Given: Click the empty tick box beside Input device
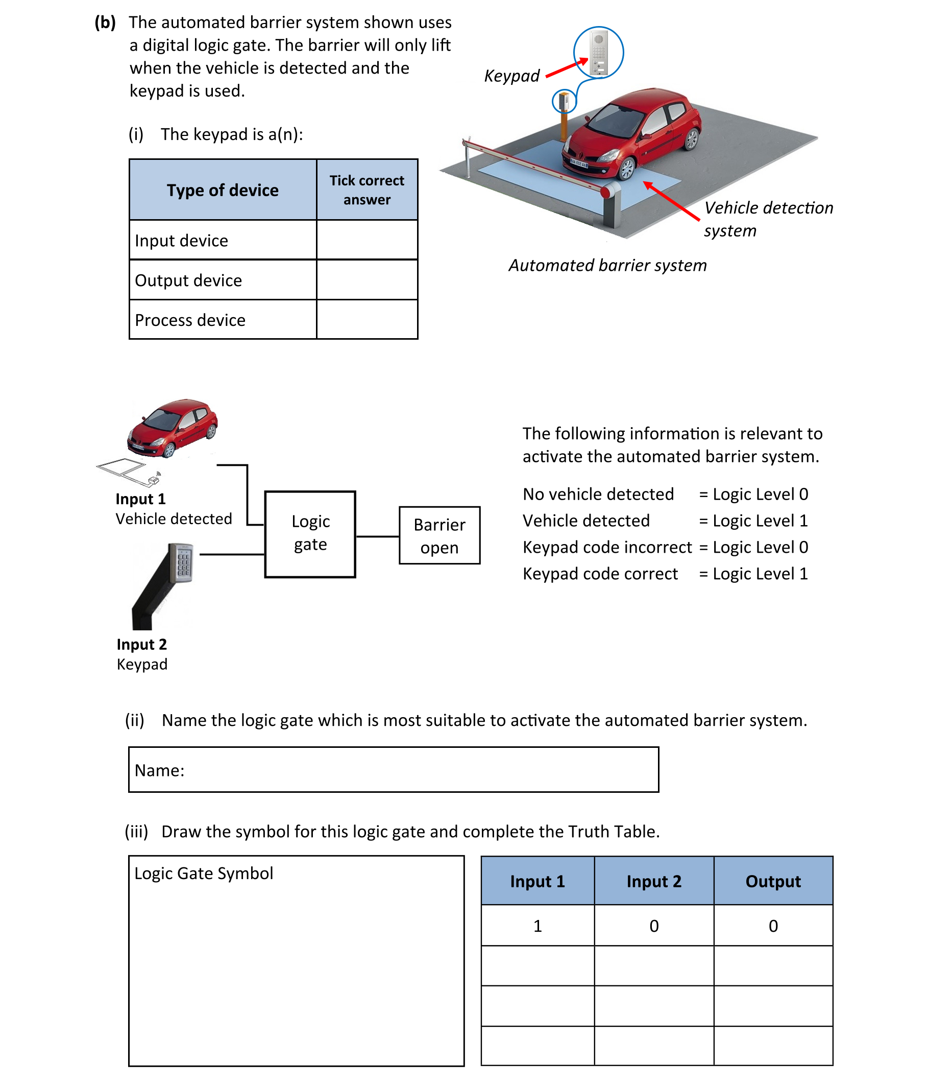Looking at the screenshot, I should (367, 240).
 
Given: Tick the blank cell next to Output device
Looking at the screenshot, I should (367, 279).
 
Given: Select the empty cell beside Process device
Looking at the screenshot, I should (367, 319).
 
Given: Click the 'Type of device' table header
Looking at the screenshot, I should (223, 190).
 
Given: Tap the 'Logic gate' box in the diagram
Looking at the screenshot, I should (310, 534).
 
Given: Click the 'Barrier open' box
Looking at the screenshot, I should (439, 535).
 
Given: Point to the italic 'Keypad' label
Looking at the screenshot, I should (511, 76).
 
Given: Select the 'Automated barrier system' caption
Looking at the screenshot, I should (607, 266).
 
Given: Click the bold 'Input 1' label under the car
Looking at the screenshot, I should (140, 499).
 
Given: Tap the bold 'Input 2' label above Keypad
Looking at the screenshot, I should (141, 644).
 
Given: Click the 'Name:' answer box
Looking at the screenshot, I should (393, 769).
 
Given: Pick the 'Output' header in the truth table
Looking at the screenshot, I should (772, 881).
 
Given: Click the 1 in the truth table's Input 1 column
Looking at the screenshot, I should (537, 926).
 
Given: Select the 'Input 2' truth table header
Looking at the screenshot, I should (654, 881).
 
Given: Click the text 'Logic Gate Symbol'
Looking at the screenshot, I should (204, 873).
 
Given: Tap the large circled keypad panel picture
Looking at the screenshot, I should (598, 53).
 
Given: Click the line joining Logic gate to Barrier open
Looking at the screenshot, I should (377, 536).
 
